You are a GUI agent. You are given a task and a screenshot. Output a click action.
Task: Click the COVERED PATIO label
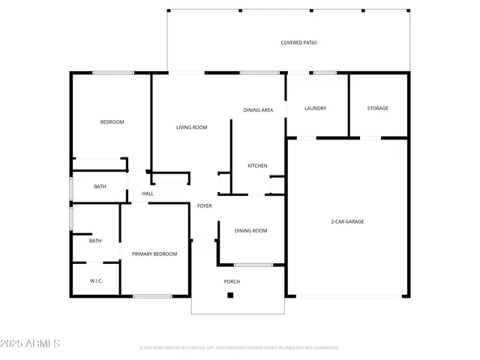coord(298,43)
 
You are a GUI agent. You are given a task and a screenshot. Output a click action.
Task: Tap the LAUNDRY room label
coord(315,108)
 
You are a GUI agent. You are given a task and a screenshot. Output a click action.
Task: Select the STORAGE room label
coord(377,108)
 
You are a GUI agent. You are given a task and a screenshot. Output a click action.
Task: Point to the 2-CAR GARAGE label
coord(347,221)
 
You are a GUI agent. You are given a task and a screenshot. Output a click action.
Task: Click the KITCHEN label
coord(257,166)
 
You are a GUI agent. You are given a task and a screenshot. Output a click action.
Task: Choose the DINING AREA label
coord(258,110)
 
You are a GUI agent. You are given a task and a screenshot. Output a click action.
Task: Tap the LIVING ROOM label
coord(191,127)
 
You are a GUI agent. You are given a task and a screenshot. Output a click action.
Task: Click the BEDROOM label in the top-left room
coord(112,121)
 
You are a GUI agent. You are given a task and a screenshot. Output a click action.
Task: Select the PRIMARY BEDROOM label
coord(154,254)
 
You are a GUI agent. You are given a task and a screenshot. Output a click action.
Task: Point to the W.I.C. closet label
coord(96,281)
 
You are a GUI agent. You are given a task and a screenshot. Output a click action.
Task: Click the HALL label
coord(148,193)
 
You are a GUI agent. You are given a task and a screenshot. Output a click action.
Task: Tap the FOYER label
coord(204,205)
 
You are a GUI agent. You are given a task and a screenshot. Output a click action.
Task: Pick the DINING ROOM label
coord(250,231)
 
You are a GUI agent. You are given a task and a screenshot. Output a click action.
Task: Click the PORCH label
coord(232,281)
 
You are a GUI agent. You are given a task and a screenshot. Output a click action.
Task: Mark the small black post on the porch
coord(230,295)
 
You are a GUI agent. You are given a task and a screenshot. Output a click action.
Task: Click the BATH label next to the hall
coord(100,187)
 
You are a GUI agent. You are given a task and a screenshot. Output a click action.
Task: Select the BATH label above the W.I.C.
coord(95,241)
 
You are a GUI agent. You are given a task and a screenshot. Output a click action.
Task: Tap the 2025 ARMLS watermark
coord(31,343)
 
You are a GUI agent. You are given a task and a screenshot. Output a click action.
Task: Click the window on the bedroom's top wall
coord(113,73)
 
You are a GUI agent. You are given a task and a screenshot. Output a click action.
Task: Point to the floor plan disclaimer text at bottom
coord(239,348)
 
